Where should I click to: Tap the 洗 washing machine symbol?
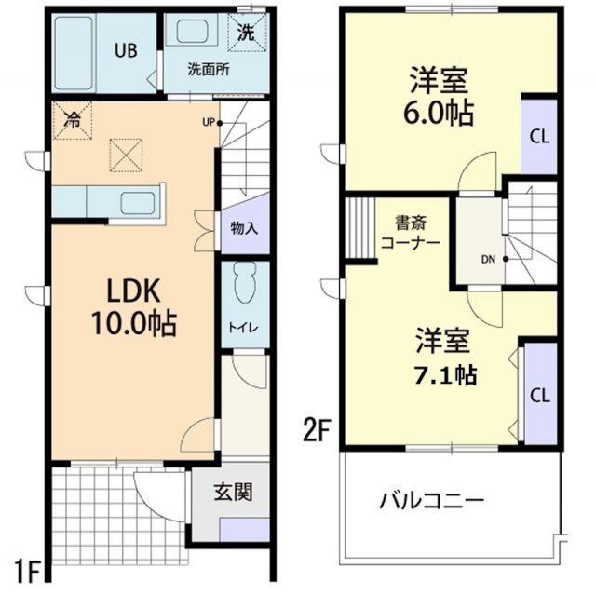pos(247,32)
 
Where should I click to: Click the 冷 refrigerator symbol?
pos(73,119)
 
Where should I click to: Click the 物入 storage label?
pos(243,228)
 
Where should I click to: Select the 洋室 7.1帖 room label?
pos(443,357)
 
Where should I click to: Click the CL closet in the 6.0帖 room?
pos(538,136)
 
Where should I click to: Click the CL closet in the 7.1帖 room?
pos(538,394)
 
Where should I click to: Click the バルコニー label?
pos(431,501)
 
